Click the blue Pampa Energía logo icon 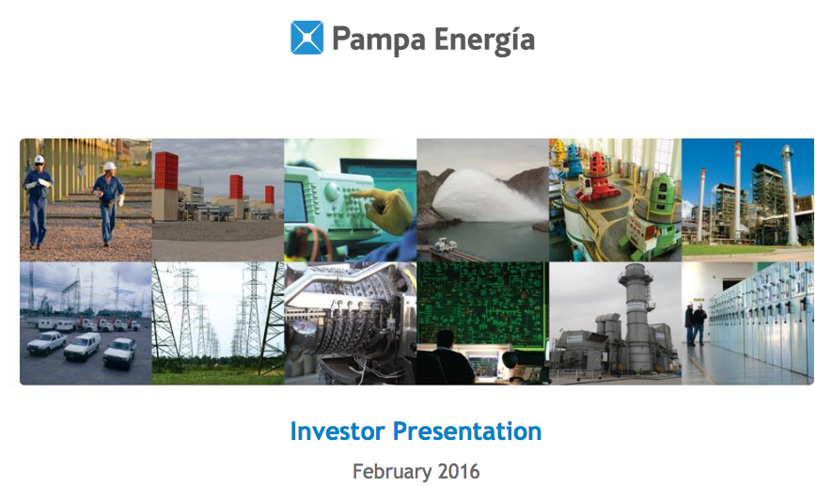pos(306,38)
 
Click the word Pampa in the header pos(379,39)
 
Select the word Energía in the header pos(484,39)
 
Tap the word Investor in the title pos(337,431)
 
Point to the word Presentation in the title pos(467,431)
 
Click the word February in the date pos(392,472)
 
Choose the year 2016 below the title pos(459,472)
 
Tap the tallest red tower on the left pos(166,170)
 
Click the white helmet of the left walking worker pos(39,159)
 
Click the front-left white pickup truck pos(47,343)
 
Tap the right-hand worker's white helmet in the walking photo pos(109,166)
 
